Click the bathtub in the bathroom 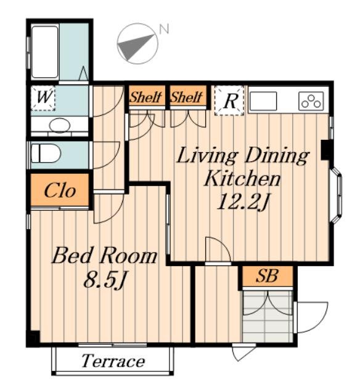45,52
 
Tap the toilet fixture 46,153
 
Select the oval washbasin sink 59,126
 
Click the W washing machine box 43,98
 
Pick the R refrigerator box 229,100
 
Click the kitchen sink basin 263,101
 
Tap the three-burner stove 311,101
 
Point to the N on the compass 164,29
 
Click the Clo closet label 60,190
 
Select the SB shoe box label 267,276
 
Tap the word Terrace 113,361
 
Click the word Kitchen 242,179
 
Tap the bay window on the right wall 336,195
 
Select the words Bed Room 104,256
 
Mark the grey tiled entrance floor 268,316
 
